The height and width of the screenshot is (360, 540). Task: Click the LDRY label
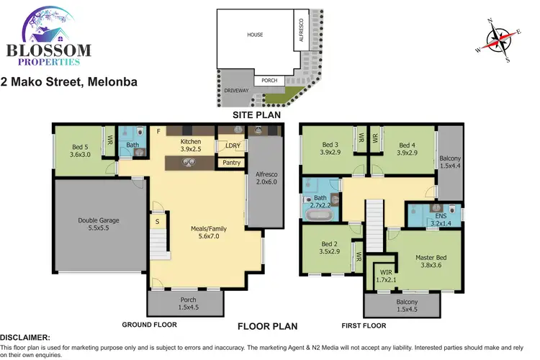(232, 146)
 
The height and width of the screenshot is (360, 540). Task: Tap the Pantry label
(231, 163)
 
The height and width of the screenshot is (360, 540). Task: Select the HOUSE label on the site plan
(255, 35)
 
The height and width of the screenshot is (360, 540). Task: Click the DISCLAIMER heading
(25, 337)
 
